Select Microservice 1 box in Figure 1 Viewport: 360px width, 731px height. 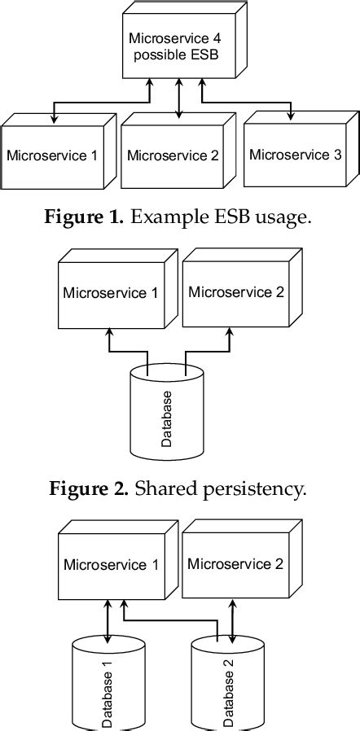(52, 155)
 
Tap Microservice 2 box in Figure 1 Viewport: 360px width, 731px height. (173, 155)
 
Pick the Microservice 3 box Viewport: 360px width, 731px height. (295, 154)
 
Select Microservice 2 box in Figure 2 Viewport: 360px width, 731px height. (234, 292)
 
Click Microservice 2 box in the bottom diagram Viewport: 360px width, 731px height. (234, 563)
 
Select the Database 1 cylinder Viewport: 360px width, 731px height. (107, 688)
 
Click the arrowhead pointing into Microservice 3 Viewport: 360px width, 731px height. (291, 118)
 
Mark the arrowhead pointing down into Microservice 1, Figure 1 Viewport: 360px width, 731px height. (55, 120)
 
